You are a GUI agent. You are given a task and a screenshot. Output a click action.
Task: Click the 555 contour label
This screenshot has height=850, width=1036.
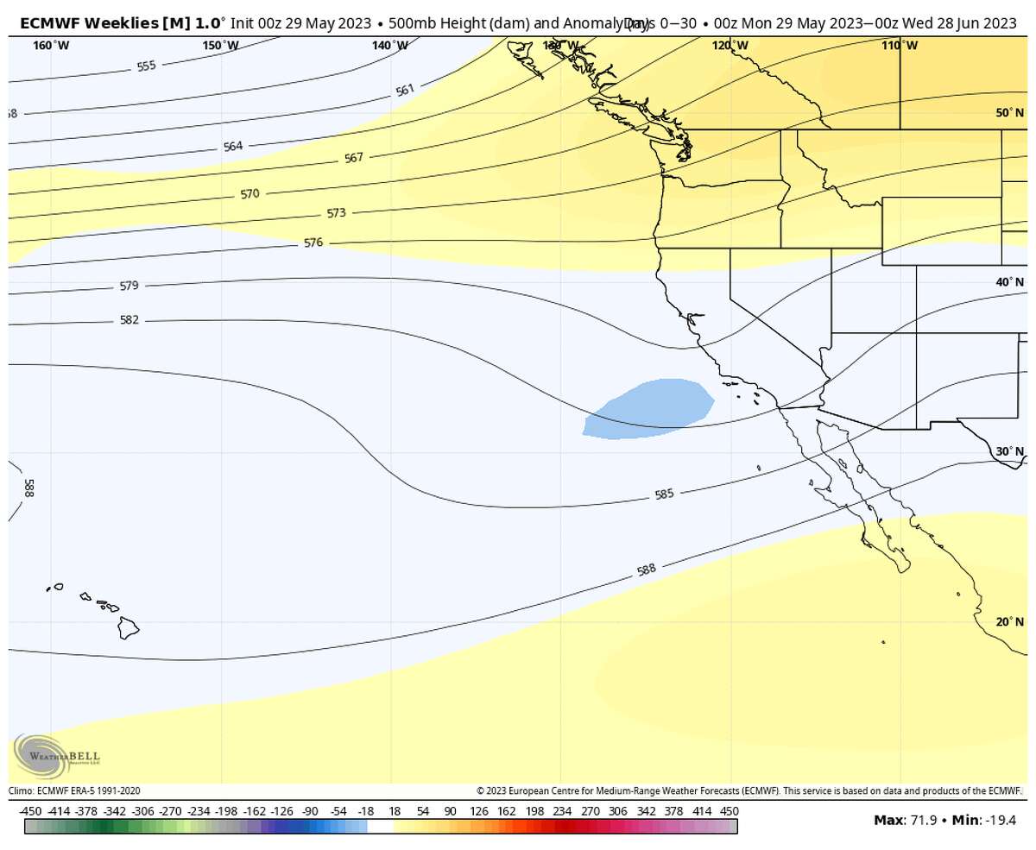click(147, 66)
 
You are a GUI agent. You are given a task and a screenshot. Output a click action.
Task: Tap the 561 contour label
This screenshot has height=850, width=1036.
click(405, 90)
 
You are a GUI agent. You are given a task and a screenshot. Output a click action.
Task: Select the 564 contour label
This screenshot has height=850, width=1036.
click(233, 146)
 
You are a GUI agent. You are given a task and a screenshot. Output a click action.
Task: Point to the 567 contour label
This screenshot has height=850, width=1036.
click(354, 158)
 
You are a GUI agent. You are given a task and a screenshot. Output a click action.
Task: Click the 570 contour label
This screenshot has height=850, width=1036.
click(250, 194)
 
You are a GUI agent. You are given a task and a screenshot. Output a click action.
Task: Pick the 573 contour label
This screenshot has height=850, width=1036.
click(336, 213)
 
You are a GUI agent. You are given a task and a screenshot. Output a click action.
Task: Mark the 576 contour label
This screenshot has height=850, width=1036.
click(313, 243)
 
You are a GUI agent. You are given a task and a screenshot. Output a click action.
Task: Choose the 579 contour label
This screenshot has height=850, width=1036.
click(129, 286)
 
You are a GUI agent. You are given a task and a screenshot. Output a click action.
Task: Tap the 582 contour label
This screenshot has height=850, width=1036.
click(129, 320)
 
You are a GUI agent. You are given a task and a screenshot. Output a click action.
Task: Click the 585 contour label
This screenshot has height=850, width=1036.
click(664, 494)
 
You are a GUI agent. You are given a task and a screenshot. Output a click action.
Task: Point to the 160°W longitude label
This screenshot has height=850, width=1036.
click(52, 46)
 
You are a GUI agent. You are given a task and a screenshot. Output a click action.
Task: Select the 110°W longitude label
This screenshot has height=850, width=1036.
click(900, 46)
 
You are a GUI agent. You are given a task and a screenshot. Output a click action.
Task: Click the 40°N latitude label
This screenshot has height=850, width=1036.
click(1009, 282)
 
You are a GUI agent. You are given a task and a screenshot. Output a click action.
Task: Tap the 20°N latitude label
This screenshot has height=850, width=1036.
click(1009, 622)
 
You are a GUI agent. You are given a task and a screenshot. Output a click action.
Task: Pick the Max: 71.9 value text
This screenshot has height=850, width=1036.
click(907, 820)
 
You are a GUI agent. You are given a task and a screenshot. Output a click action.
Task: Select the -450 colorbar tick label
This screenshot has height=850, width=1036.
click(30, 811)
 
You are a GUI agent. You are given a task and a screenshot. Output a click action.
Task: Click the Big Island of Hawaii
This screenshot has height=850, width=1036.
click(129, 628)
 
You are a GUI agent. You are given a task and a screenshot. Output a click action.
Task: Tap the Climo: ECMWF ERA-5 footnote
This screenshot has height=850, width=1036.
click(74, 790)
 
